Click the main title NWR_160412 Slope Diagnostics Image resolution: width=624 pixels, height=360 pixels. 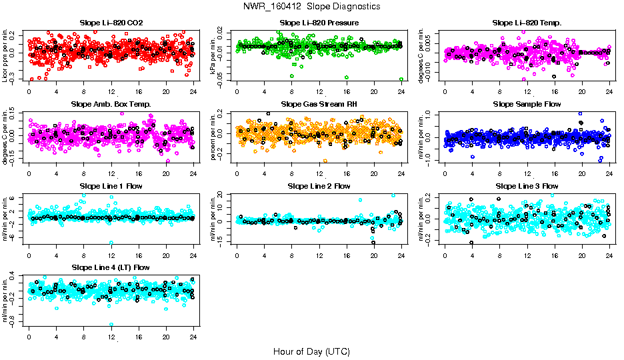click(x=312, y=6)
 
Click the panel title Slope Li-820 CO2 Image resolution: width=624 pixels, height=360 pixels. click(x=111, y=23)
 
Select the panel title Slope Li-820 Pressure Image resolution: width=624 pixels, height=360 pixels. click(x=319, y=23)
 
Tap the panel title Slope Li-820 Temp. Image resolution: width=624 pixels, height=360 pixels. click(x=527, y=23)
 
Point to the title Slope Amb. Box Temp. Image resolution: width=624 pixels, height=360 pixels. click(x=111, y=104)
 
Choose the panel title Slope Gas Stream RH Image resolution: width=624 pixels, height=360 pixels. click(x=319, y=104)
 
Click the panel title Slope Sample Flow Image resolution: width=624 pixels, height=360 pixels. click(x=527, y=104)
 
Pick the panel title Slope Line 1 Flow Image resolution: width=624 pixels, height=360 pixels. click(x=111, y=185)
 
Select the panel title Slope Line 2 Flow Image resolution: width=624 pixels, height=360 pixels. click(x=319, y=185)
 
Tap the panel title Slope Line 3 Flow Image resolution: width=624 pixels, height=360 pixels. click(x=527, y=185)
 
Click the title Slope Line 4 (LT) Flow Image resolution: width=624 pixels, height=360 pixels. click(x=111, y=267)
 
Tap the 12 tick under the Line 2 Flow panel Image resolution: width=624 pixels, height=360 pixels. click(x=319, y=256)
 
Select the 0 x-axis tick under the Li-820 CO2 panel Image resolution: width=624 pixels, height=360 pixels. click(x=29, y=93)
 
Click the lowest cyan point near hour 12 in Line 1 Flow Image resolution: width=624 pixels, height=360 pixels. click(x=111, y=243)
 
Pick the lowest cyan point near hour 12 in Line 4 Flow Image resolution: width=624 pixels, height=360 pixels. click(x=111, y=325)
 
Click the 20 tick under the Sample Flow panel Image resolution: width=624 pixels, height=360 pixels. click(x=582, y=175)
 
